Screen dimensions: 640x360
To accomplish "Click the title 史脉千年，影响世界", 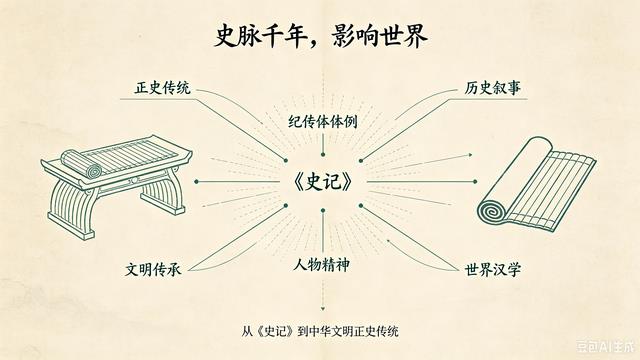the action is [321, 36].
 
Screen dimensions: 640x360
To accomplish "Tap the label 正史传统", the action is [162, 87].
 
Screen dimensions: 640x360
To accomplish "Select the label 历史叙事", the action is [493, 87].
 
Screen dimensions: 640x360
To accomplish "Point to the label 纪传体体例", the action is [323, 121].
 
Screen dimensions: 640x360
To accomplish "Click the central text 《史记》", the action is [323, 181].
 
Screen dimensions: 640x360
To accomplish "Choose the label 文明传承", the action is [153, 269].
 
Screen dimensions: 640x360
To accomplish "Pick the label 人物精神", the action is [322, 264].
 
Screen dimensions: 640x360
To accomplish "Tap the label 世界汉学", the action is [493, 269].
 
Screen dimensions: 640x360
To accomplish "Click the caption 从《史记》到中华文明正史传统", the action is [320, 331].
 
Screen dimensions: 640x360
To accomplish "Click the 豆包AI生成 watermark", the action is [607, 347].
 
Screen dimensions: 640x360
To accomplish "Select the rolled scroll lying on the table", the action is [82, 163].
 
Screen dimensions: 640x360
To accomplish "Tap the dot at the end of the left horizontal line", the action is [197, 182].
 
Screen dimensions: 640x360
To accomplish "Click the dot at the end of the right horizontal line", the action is [475, 182].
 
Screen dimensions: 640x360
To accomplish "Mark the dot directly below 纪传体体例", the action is [323, 155].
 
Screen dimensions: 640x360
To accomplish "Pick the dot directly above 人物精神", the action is [323, 211].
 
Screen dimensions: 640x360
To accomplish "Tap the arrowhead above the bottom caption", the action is [323, 309].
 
